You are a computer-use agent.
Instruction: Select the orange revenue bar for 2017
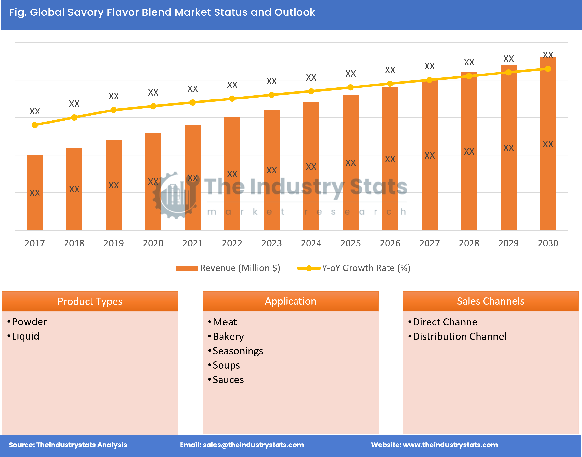[35, 192]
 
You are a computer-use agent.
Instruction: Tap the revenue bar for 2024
[311, 166]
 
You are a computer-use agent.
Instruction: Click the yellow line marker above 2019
[114, 110]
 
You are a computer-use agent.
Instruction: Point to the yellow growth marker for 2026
[390, 84]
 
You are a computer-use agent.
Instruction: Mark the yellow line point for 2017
[35, 125]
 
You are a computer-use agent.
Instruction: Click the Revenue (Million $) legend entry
[228, 268]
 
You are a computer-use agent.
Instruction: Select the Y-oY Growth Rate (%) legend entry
[353, 268]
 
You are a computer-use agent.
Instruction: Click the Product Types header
[90, 301]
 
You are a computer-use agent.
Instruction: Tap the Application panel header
[291, 301]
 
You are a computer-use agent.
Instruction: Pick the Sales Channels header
[491, 301]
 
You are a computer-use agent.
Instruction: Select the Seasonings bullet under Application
[238, 351]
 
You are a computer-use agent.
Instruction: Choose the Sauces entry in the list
[228, 380]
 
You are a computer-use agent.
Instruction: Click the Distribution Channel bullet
[459, 336]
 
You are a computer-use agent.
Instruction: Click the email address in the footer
[253, 445]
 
